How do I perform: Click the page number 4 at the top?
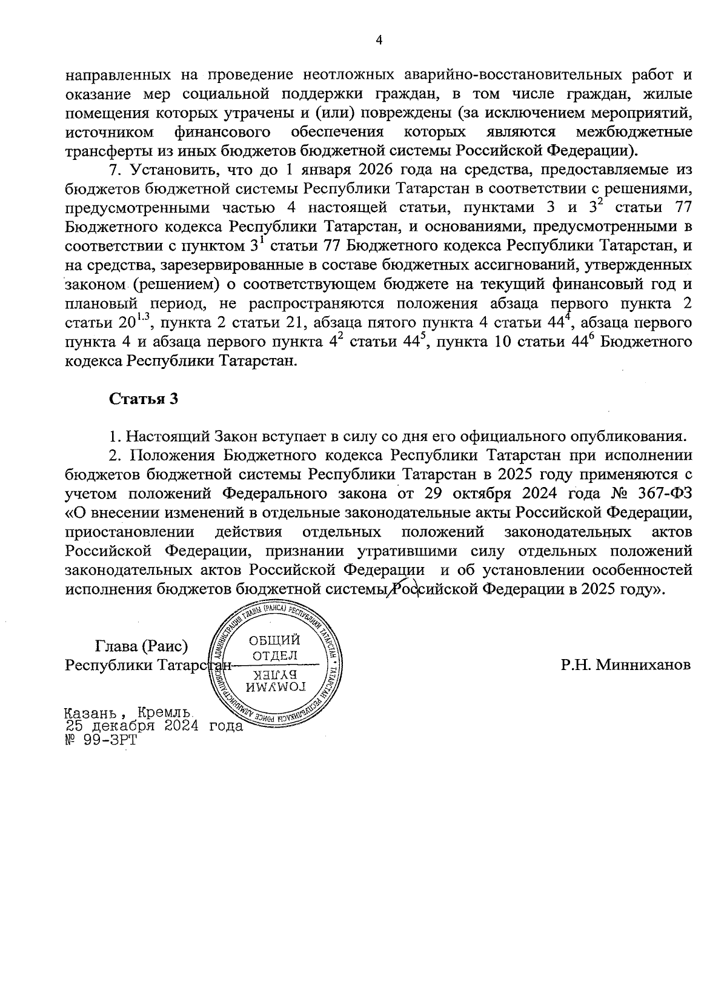coord(379,41)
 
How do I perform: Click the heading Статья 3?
coord(144,399)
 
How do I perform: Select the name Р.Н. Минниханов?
coord(625,665)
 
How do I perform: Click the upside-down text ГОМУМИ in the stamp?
coord(274,686)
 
